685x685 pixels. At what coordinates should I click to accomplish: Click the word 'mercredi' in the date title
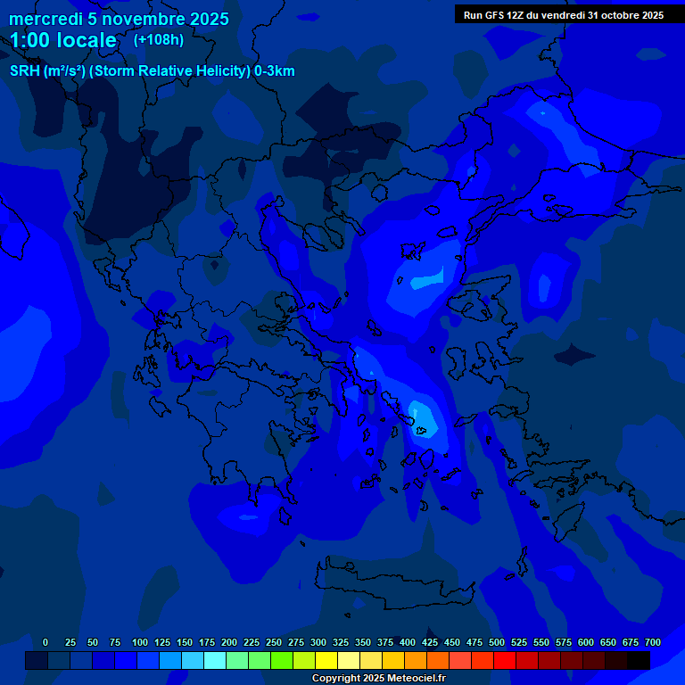click(46, 19)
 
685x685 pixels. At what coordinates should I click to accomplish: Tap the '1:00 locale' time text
click(63, 40)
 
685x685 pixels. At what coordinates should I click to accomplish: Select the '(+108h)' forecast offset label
click(159, 39)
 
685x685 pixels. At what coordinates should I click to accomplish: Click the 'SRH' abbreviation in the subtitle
click(25, 71)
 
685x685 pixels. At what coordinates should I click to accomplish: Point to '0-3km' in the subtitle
click(275, 71)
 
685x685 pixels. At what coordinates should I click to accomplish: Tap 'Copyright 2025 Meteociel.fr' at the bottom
click(378, 678)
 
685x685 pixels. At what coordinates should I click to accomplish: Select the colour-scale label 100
click(139, 642)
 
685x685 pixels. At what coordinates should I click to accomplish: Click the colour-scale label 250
click(273, 642)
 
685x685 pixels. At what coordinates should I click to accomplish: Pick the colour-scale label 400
click(408, 642)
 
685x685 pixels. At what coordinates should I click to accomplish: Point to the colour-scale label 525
click(519, 642)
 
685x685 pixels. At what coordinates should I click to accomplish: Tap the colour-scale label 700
click(653, 642)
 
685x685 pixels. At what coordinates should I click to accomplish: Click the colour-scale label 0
click(45, 642)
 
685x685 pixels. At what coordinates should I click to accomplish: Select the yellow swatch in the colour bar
click(326, 660)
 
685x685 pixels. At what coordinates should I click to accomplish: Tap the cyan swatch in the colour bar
click(215, 660)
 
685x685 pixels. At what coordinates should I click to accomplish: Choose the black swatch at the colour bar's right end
click(639, 660)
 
